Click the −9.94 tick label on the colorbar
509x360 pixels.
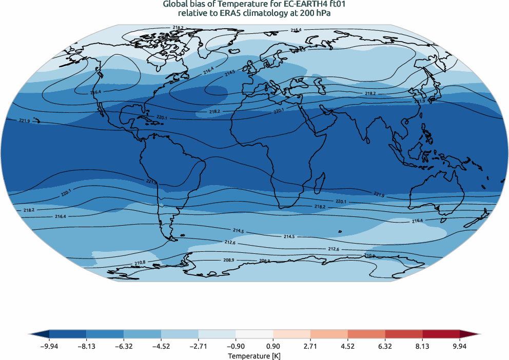click(x=49, y=346)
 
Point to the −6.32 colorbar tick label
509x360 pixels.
click(x=124, y=346)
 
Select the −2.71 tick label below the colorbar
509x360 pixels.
click(x=198, y=346)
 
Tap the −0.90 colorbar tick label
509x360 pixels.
click(x=236, y=346)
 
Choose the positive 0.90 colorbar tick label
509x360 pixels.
click(x=273, y=346)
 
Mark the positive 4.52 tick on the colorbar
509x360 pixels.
click(x=347, y=346)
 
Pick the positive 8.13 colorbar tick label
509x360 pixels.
click(x=422, y=346)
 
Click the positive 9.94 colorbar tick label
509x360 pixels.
click(x=460, y=346)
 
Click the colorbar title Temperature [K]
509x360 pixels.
click(x=254, y=355)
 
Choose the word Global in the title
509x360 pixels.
click(x=175, y=5)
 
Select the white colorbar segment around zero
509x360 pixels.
click(x=254, y=334)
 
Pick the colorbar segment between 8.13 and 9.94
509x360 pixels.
click(x=441, y=334)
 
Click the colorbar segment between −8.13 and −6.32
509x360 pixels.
click(x=105, y=334)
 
